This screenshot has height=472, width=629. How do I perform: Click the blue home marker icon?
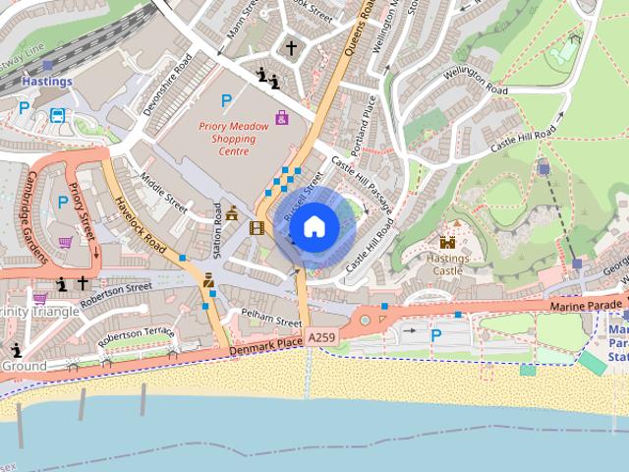pos(314,227)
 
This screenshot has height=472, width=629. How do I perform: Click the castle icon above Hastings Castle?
pos(448,242)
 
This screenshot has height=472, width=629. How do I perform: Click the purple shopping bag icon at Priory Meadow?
pos(282,118)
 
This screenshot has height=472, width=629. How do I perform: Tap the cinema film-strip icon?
pos(257,228)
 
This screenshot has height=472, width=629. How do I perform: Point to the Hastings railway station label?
pos(46,82)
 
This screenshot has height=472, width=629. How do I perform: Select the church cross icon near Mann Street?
pos(291,47)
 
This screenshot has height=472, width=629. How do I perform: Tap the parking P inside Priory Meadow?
pos(227,99)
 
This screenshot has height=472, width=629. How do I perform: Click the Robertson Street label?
pos(116,293)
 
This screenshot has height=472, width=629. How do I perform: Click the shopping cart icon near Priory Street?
pos(66,243)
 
